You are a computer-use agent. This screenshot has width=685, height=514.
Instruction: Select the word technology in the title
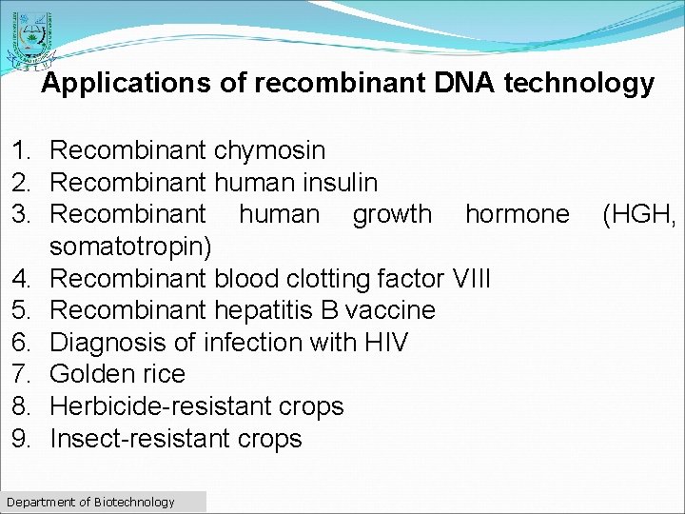pos(579,84)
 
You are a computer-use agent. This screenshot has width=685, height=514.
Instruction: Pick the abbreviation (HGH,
pos(639,214)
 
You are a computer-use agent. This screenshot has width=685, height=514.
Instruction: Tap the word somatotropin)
pos(132,247)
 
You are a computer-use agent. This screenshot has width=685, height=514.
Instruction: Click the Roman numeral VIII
pos(471,279)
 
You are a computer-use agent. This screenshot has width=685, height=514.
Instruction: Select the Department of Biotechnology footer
pos(90,502)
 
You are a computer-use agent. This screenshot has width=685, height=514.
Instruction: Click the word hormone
pos(517,214)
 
